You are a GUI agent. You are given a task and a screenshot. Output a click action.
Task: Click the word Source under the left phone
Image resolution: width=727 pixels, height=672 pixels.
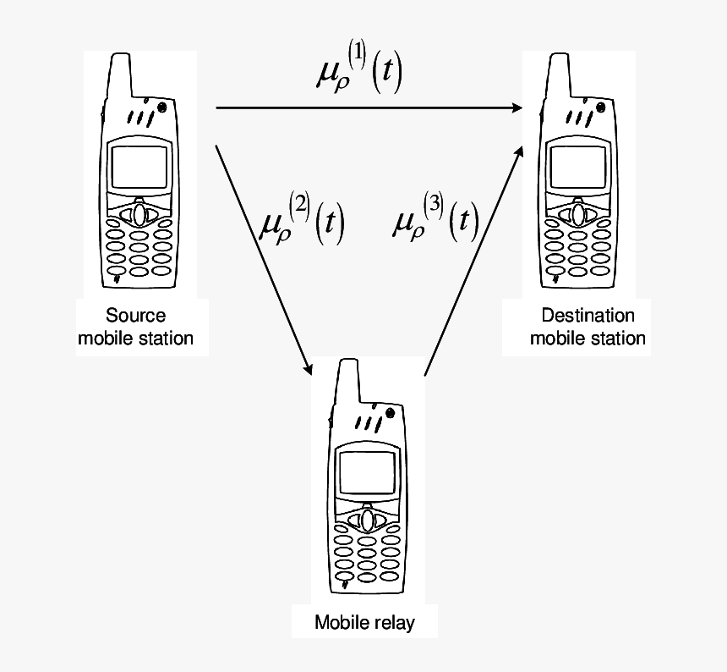click(135, 317)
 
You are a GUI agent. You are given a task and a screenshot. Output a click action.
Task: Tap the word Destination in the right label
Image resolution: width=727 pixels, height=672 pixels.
click(588, 317)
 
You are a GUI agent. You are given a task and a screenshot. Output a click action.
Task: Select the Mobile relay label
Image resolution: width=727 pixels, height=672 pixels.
click(364, 624)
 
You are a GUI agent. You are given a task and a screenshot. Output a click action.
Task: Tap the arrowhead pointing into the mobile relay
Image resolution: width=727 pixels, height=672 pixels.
click(309, 369)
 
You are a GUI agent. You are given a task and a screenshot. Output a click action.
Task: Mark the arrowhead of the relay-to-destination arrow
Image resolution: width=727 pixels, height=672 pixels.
click(518, 151)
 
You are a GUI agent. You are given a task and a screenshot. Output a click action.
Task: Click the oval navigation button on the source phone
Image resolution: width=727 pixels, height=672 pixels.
click(140, 214)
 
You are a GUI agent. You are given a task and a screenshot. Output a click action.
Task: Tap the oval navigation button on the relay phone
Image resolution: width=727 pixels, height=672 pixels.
click(368, 518)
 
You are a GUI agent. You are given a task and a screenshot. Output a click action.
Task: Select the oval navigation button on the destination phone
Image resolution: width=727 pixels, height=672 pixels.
click(578, 214)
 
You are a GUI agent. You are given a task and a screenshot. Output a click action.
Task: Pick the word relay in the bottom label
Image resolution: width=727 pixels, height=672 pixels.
click(393, 624)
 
